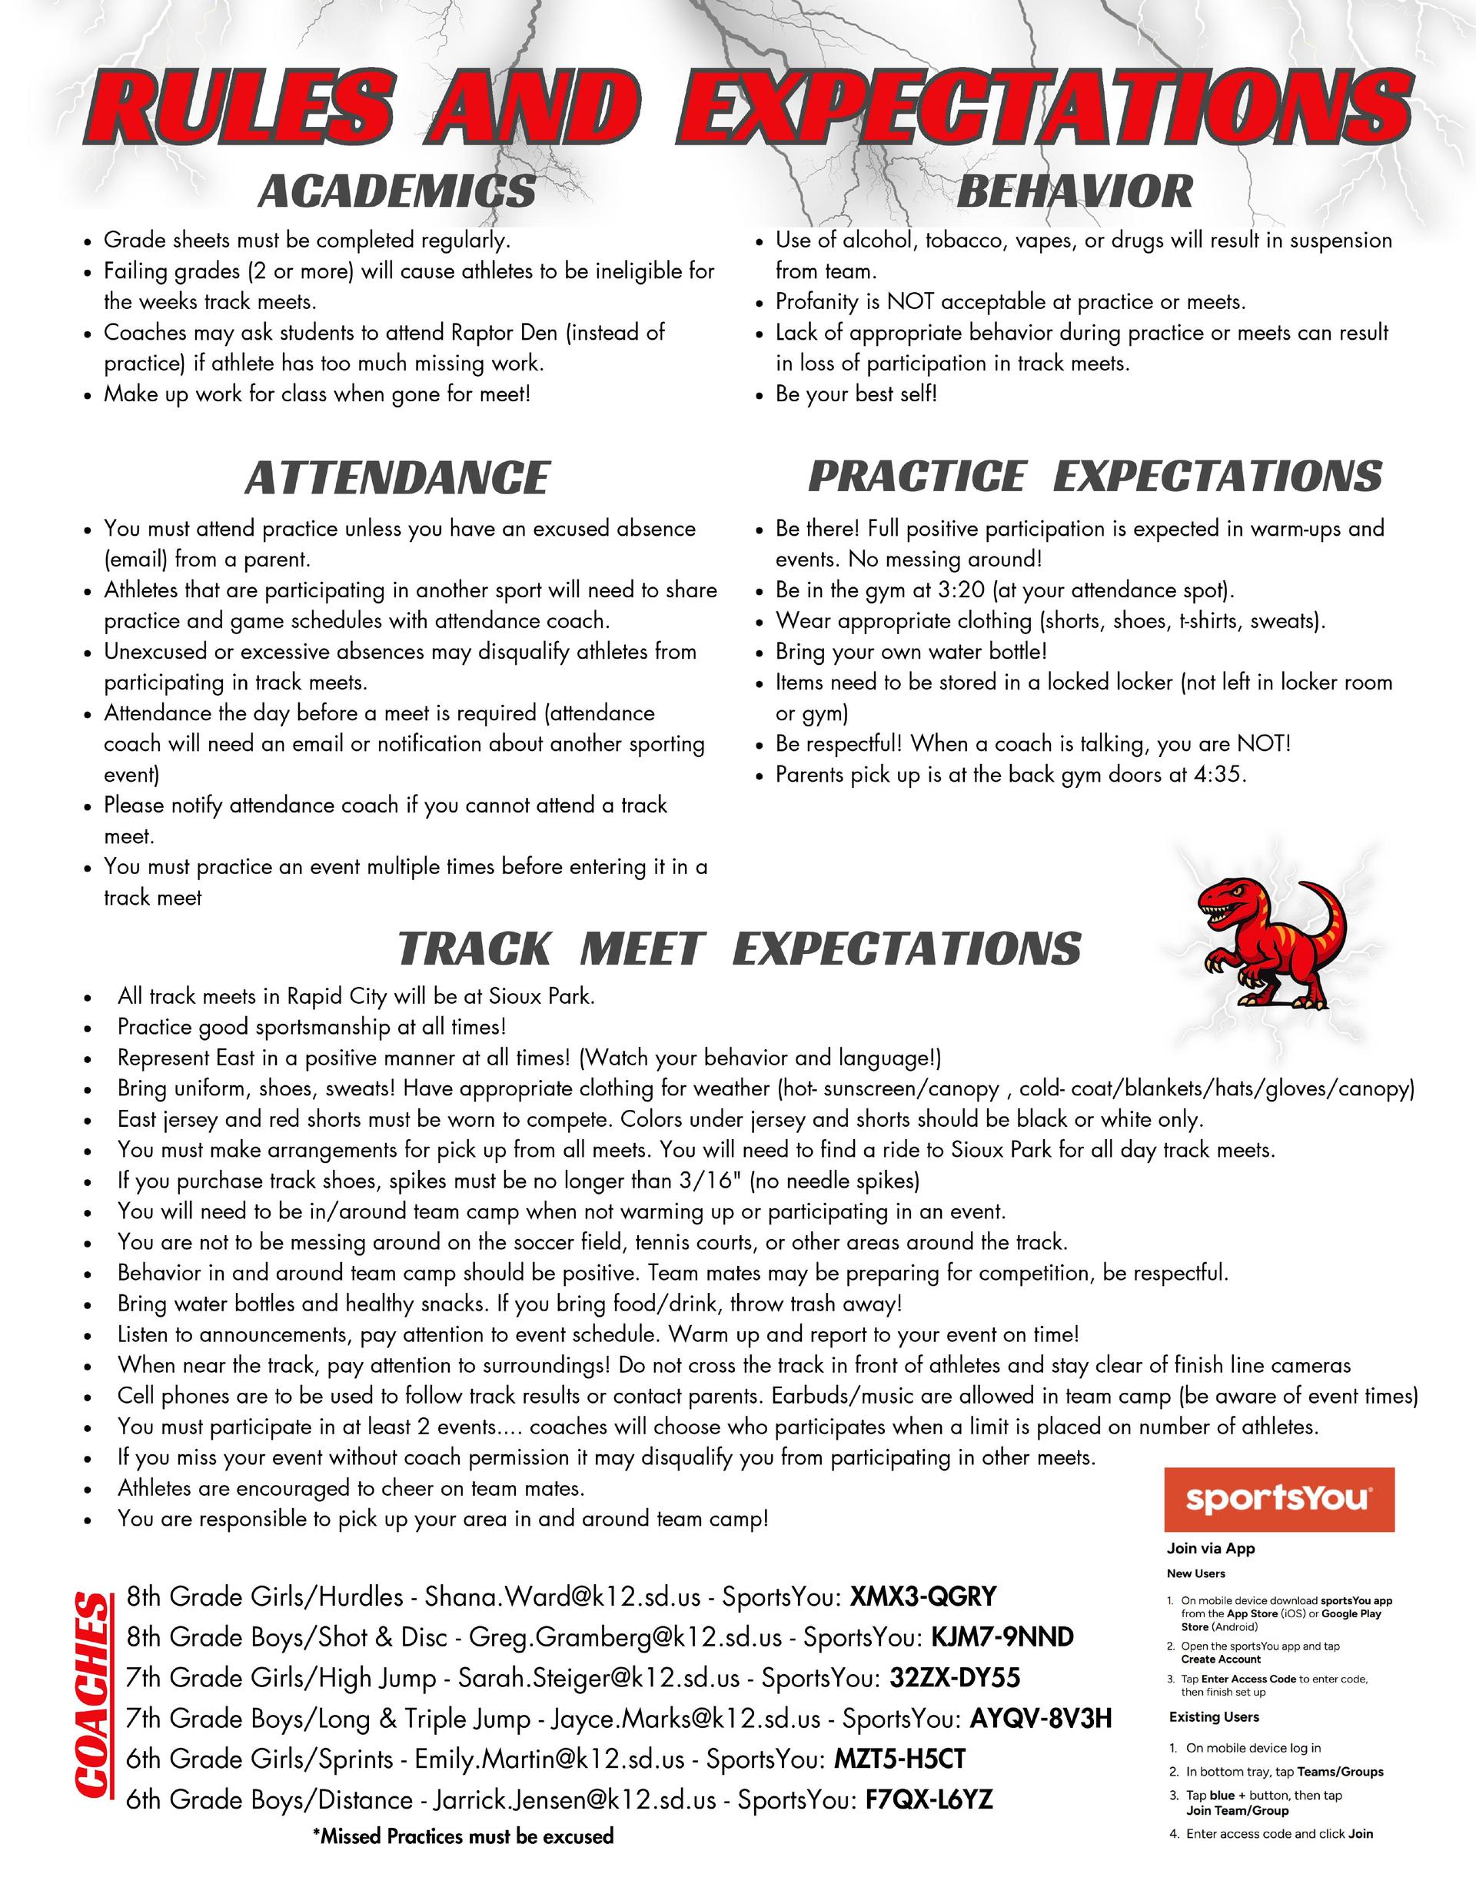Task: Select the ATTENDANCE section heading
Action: click(397, 479)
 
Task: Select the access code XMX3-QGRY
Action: click(922, 1596)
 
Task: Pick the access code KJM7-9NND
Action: click(1002, 1637)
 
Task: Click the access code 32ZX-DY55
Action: click(955, 1678)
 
